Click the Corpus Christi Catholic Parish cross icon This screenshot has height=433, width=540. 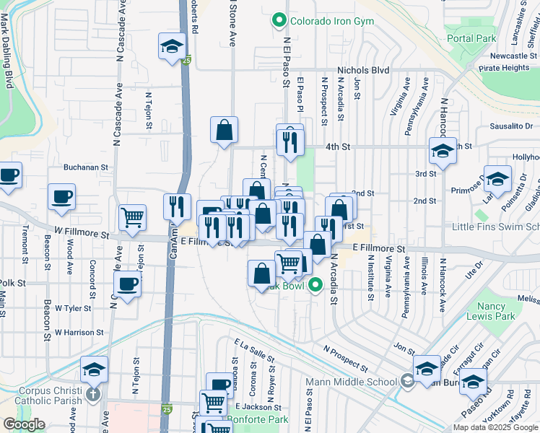pos(92,394)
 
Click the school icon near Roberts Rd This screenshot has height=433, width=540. pos(172,47)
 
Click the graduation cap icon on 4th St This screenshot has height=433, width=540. pos(443,149)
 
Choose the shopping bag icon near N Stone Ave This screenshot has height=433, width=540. pos(225,130)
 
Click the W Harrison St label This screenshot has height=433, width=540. pos(79,333)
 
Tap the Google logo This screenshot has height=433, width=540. pos(24,424)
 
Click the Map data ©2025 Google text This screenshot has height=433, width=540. pos(496,427)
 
